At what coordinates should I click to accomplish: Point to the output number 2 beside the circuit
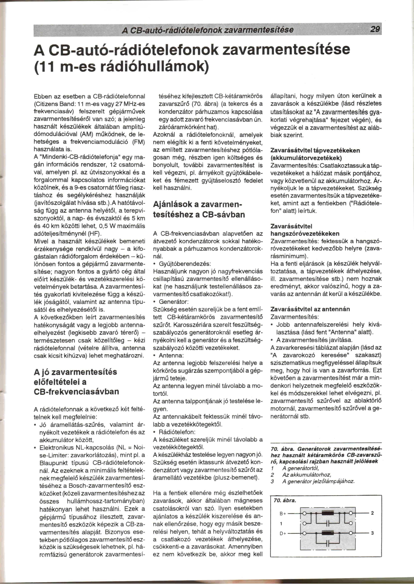coord(372,513)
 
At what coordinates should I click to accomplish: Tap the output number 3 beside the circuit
coord(372,533)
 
